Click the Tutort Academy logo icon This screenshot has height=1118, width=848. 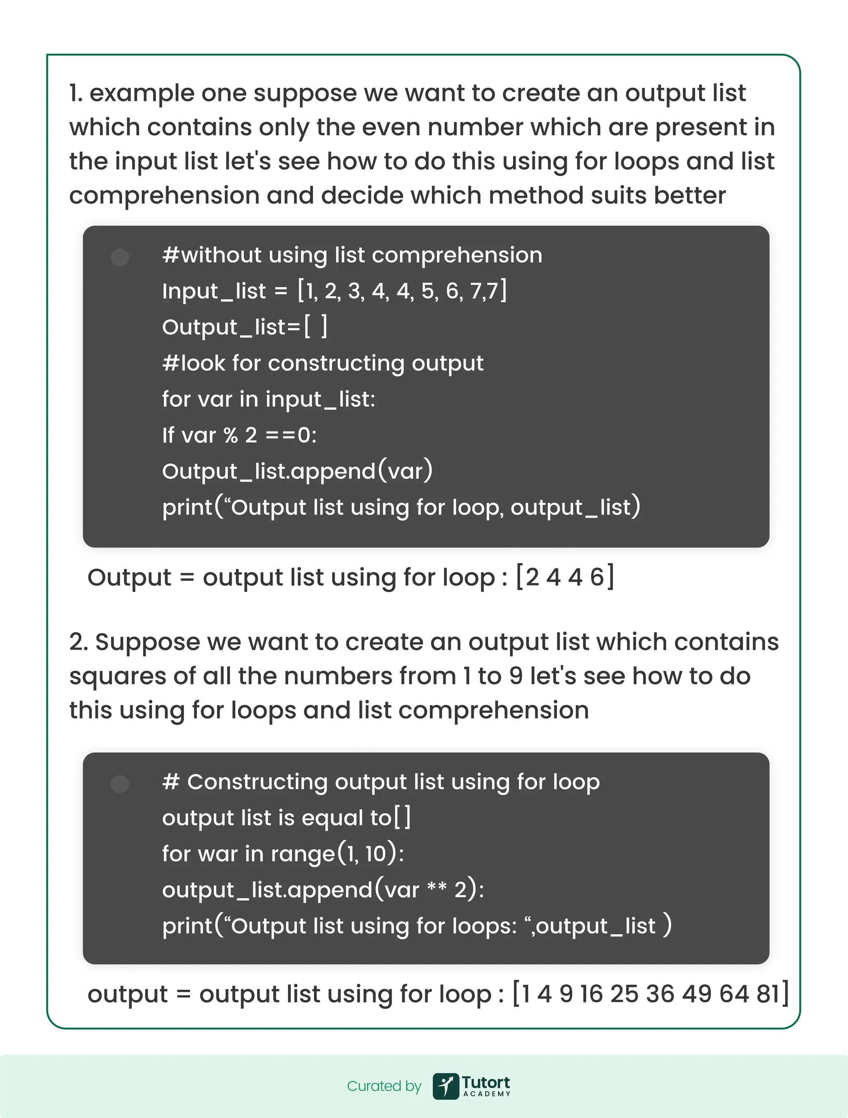point(446,1086)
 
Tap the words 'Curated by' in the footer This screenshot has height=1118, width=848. point(384,1086)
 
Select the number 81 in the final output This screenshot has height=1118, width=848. point(768,994)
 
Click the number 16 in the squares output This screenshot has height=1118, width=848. point(591,994)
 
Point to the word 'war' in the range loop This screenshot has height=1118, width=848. point(217,854)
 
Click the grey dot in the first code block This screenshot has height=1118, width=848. point(120,257)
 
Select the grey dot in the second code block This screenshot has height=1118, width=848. point(120,784)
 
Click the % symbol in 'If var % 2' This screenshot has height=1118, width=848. point(231,435)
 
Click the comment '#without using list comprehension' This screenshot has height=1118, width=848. point(352,255)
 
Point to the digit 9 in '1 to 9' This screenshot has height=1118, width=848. point(516,676)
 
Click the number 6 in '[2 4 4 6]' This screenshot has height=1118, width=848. point(597,577)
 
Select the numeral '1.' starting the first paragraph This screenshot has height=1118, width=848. point(75,93)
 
